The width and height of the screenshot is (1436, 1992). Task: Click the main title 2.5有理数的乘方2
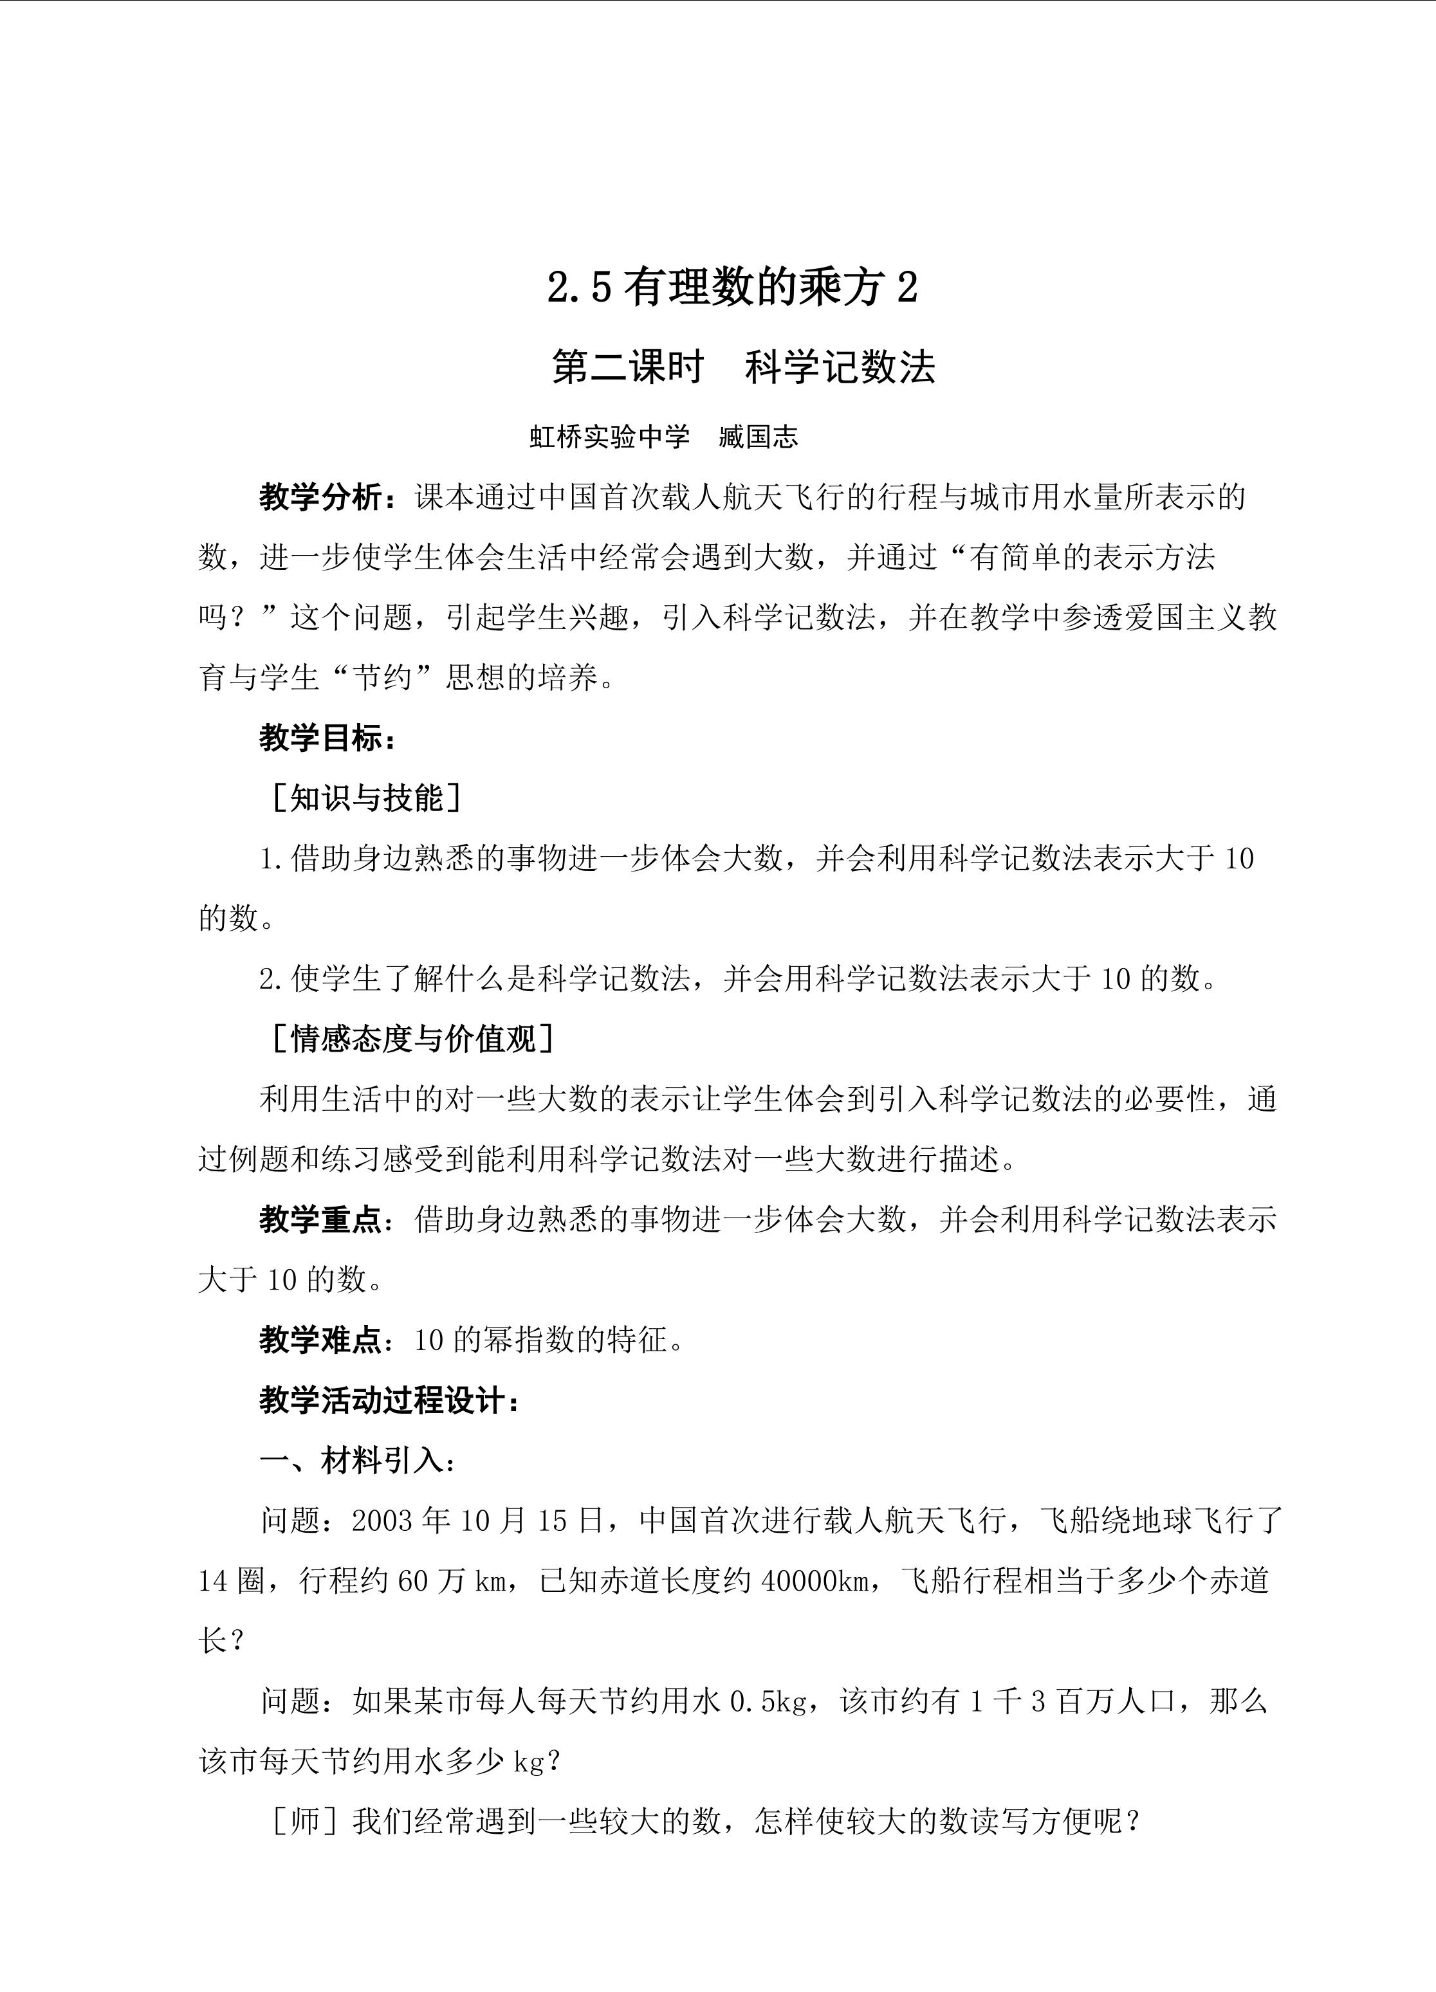[x=733, y=288]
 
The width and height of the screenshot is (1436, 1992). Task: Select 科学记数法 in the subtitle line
[x=840, y=367]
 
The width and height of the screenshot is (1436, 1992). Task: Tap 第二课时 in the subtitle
[x=627, y=367]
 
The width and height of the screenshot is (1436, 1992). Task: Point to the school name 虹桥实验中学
[x=609, y=437]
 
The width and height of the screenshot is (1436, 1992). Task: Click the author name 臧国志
[x=758, y=437]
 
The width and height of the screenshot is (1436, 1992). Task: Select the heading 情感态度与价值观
[x=413, y=1039]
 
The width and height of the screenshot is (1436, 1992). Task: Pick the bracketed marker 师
[x=306, y=1822]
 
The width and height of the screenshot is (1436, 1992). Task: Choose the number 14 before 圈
[x=214, y=1582]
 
